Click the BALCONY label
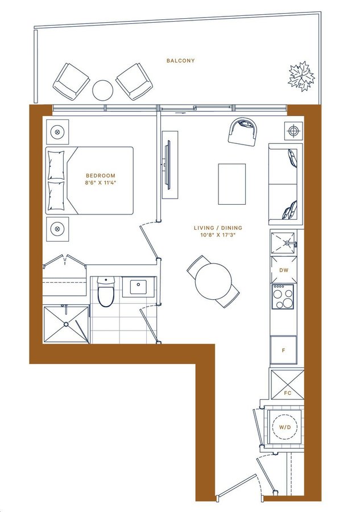pos(180,60)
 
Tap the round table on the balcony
pos(102,90)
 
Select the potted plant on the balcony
pos(301,76)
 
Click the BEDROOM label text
pos(101,176)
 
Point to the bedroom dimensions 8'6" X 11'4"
pos(101,183)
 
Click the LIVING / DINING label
pos(218,228)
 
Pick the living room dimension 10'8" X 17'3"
pos(218,235)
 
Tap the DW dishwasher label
pos(284,270)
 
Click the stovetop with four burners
pos(283,297)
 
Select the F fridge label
pos(283,350)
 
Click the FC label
pos(287,393)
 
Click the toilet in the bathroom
pos(106,292)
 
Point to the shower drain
pos(66,324)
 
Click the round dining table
pos(213,281)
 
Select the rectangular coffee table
pos(231,184)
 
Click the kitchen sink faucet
pos(289,243)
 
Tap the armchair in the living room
pos(243,131)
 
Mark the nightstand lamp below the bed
pos(57,229)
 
